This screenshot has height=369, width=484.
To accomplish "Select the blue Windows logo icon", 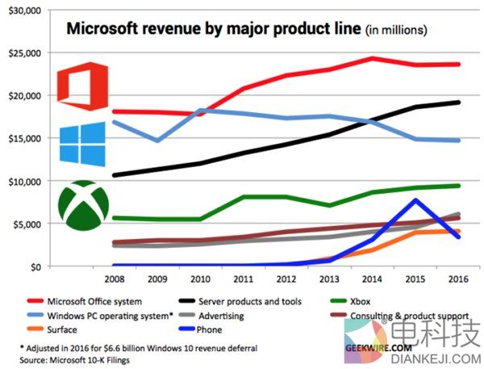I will [82, 144].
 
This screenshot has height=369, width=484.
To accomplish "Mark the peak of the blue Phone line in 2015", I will [415, 199].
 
